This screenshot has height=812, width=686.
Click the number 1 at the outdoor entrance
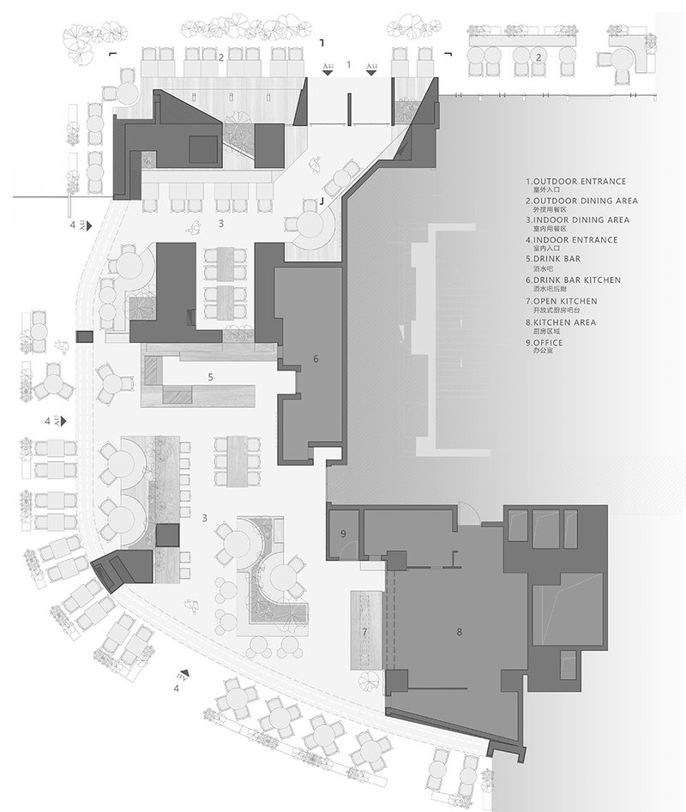pos(348,64)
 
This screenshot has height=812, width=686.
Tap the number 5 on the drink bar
pos(209,376)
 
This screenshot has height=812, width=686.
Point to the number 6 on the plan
pos(316,358)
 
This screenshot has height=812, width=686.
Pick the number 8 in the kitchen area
pos(460,632)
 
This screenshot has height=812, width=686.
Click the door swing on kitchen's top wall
pos(468,513)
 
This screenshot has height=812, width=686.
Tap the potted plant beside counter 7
pos(370,683)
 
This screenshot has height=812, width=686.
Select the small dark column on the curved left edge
pos(83,337)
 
